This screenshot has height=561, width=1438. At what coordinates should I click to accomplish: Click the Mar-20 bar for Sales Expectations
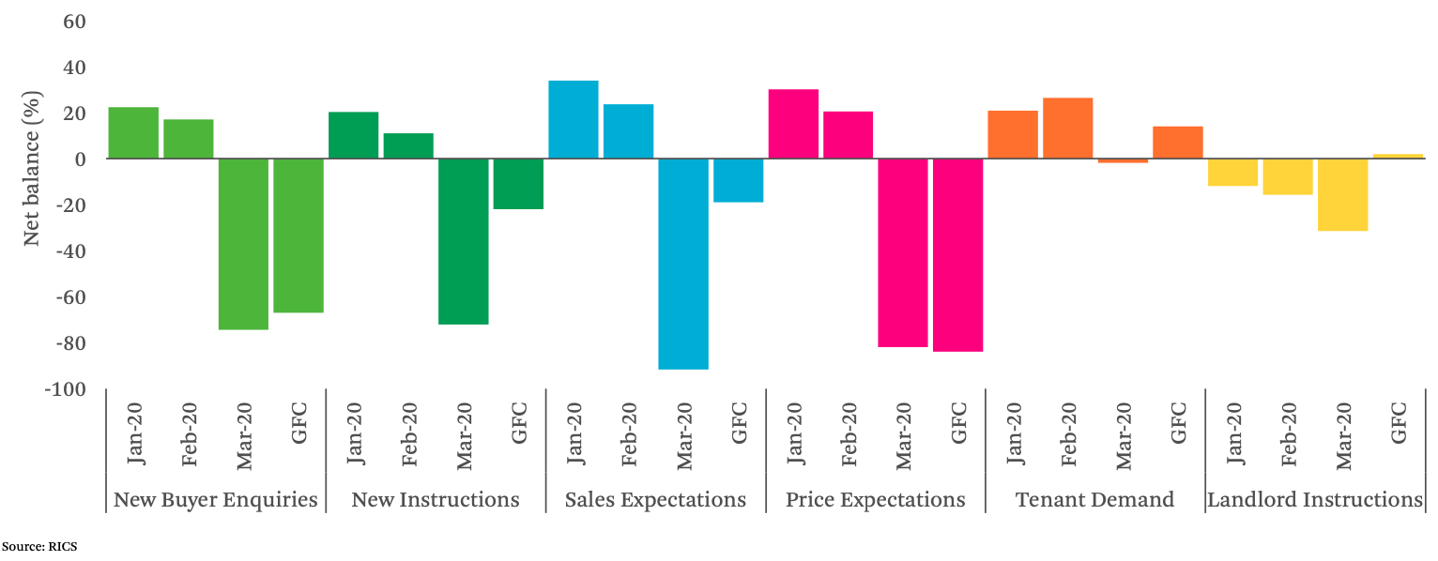(x=683, y=264)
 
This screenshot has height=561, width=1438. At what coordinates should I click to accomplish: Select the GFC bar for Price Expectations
(x=958, y=255)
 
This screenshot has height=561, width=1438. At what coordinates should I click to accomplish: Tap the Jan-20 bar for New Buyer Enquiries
(x=133, y=133)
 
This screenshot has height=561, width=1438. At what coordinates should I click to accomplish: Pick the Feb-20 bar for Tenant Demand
(x=1068, y=129)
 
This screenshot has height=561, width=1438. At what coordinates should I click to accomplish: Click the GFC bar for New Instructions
(x=518, y=184)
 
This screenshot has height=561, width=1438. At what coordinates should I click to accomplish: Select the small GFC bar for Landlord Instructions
(x=1398, y=156)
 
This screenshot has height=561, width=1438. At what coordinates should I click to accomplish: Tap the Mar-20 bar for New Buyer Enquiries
(x=244, y=244)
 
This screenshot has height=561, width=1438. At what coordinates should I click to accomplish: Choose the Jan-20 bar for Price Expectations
(x=793, y=124)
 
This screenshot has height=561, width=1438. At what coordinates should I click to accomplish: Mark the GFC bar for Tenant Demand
(x=1178, y=143)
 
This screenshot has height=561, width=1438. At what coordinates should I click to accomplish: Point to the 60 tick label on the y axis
(x=74, y=22)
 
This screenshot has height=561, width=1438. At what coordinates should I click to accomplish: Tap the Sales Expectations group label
(x=655, y=499)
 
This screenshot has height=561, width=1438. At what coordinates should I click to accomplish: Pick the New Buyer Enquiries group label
(x=216, y=499)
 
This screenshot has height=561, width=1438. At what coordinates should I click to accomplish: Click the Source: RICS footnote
(x=38, y=545)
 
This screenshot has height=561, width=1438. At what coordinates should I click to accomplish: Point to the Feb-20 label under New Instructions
(x=410, y=433)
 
